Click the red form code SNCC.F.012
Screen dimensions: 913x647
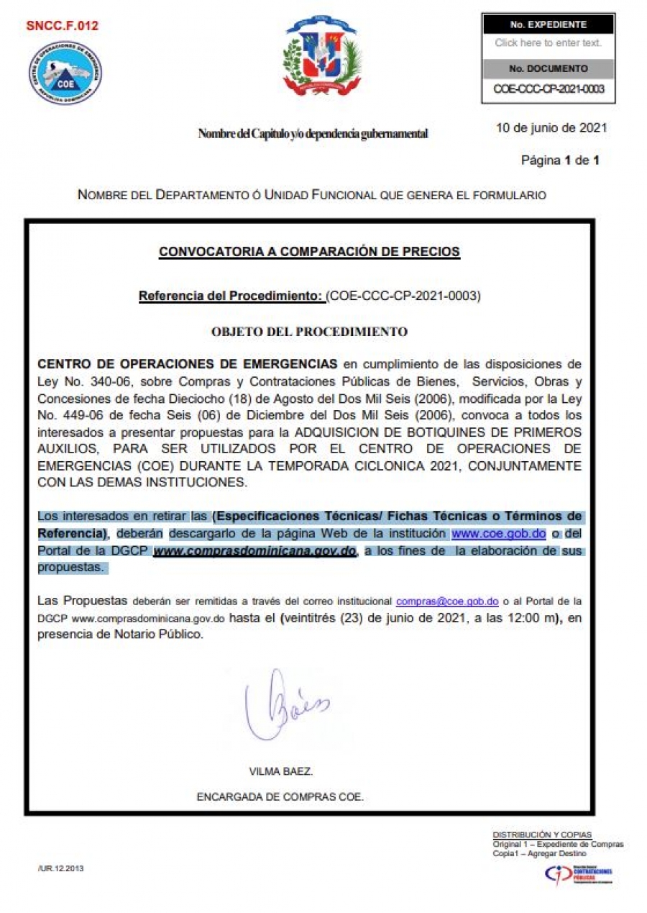click(62, 27)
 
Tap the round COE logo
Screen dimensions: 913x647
click(65, 73)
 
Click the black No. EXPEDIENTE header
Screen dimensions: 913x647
click(548, 24)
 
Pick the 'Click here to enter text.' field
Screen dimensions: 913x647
click(548, 43)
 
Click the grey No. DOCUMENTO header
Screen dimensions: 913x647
click(548, 69)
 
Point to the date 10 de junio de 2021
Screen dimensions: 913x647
click(551, 128)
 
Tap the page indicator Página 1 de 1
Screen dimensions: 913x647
click(559, 160)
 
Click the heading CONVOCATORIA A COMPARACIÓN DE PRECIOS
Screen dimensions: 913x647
click(309, 252)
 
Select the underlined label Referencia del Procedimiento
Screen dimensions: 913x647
click(231, 296)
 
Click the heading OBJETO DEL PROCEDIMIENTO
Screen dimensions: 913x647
click(309, 332)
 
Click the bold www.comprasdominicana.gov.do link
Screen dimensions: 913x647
click(255, 551)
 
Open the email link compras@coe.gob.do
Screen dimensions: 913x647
click(447, 601)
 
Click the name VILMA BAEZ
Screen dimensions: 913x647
click(281, 771)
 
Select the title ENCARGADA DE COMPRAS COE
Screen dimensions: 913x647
click(280, 796)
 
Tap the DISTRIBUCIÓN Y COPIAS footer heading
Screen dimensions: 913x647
click(542, 835)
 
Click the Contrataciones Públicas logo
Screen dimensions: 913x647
click(579, 873)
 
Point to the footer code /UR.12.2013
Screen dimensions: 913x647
click(60, 868)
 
